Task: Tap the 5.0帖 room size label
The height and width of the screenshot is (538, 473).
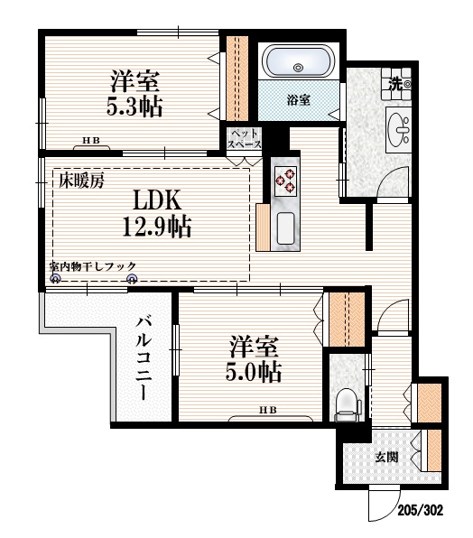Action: pos(255,371)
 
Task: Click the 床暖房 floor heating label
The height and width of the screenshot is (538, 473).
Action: pos(82,180)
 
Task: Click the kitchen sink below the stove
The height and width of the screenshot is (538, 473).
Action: pos(284,227)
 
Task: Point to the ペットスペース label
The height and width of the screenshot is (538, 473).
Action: pos(244,138)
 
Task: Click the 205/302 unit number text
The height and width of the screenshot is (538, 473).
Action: pos(421,509)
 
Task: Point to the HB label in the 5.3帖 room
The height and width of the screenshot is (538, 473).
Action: pos(91,141)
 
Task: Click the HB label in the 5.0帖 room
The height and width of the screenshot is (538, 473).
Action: pos(268,411)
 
